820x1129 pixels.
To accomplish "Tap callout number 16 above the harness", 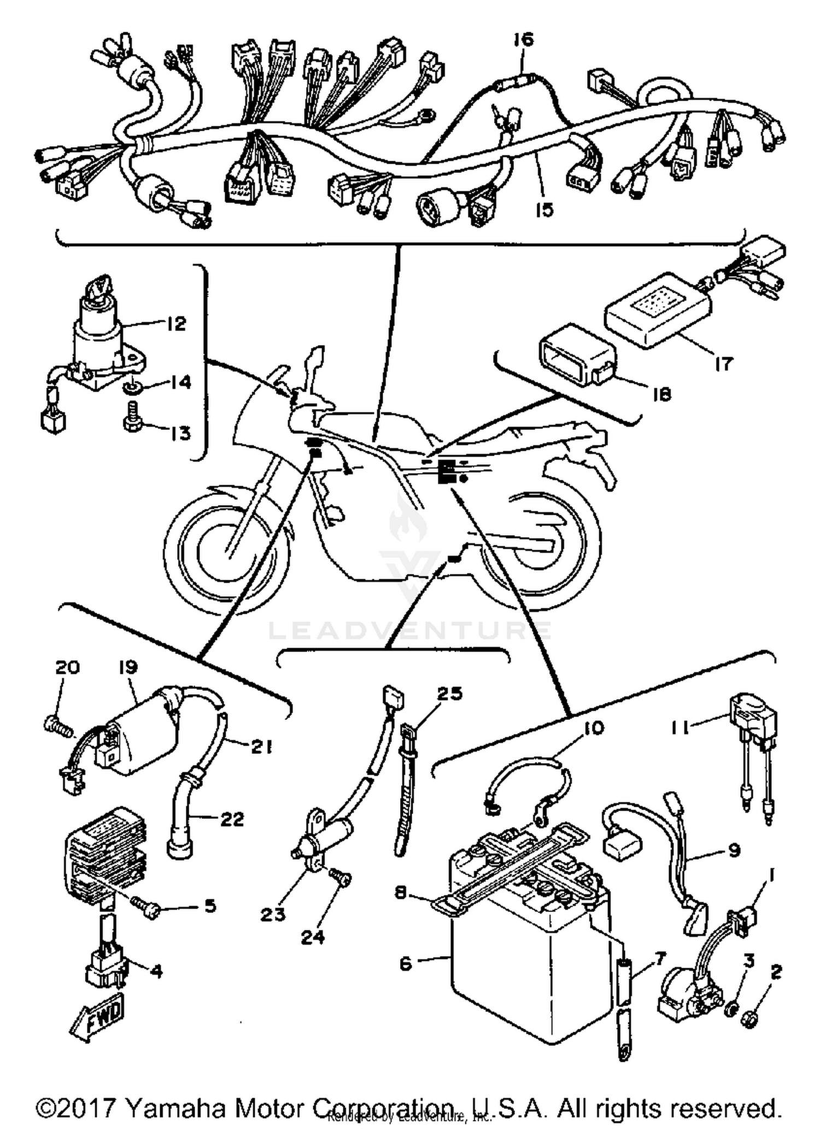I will (523, 40).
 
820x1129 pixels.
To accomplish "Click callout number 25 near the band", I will (450, 694).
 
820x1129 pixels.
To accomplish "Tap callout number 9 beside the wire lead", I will (734, 849).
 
